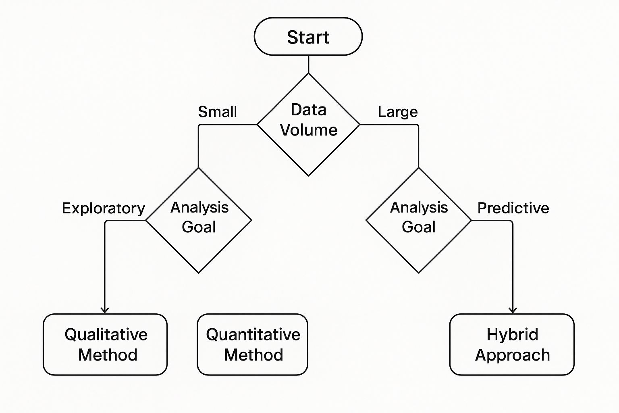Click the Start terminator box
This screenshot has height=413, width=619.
pyautogui.click(x=308, y=37)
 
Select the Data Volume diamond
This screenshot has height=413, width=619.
pyautogui.click(x=308, y=124)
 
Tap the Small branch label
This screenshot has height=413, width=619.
pyautogui.click(x=217, y=112)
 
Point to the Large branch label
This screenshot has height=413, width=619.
pyautogui.click(x=398, y=112)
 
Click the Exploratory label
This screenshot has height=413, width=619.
pyautogui.click(x=103, y=208)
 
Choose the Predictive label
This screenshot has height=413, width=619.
pyautogui.click(x=513, y=208)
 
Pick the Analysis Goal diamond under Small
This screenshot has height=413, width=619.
pyautogui.click(x=199, y=220)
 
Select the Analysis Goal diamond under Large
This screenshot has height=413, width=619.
pyautogui.click(x=419, y=220)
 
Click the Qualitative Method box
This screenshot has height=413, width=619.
pyautogui.click(x=105, y=344)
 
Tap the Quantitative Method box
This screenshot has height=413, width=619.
pyautogui.click(x=253, y=344)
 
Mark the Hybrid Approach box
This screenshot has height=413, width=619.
pyautogui.click(x=512, y=344)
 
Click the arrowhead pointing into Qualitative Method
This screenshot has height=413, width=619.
pyautogui.click(x=105, y=310)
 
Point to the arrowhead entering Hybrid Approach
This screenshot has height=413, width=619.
pyautogui.click(x=513, y=310)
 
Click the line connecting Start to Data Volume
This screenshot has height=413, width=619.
pyautogui.click(x=308, y=64)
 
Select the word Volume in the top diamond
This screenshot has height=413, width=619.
pyautogui.click(x=309, y=130)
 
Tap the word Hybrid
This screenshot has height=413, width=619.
pyautogui.click(x=512, y=334)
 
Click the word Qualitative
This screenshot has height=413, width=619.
pyautogui.click(x=106, y=334)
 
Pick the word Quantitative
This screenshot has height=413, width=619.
pyautogui.click(x=253, y=334)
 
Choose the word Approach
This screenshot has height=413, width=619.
pyautogui.click(x=512, y=355)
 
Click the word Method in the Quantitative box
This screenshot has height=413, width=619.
pyautogui.click(x=253, y=355)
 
